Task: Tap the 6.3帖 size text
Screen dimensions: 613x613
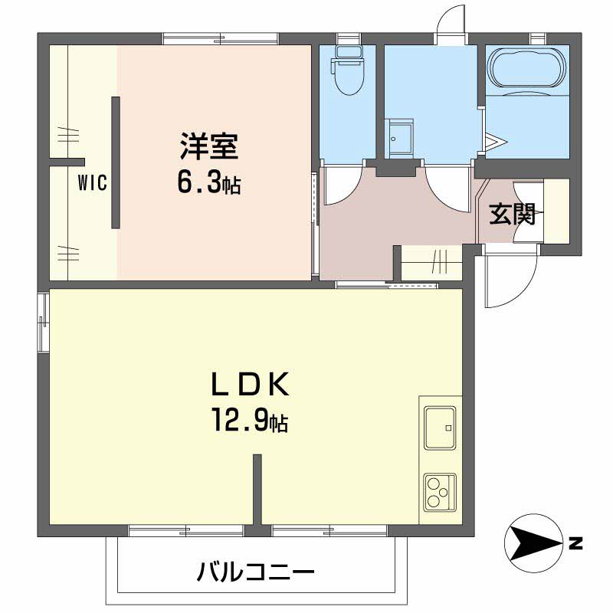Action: click(x=208, y=182)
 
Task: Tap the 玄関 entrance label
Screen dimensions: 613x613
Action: click(x=511, y=215)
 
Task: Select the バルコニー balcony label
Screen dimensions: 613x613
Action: click(x=255, y=571)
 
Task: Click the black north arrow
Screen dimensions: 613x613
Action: click(x=533, y=543)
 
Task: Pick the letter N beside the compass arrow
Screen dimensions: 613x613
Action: click(x=575, y=543)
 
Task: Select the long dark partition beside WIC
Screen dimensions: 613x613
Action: click(x=116, y=162)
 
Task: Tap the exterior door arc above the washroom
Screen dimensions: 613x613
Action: click(x=451, y=21)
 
